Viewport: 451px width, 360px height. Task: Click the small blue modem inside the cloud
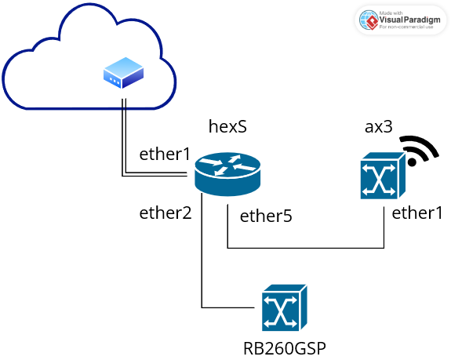[x=123, y=74]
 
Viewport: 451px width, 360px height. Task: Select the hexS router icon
[x=227, y=172]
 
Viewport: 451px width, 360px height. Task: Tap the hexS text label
[x=227, y=126]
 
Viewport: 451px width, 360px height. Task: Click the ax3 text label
[x=380, y=126]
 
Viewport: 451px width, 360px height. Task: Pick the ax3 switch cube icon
[x=383, y=176]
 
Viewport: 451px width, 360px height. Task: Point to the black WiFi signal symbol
[x=419, y=149]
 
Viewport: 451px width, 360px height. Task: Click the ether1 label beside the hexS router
[x=165, y=154]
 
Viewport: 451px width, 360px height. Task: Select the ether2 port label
[x=165, y=213]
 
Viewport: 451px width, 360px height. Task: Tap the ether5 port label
[x=266, y=216]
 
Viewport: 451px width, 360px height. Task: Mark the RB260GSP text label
[x=284, y=347]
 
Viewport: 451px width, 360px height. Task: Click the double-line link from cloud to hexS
[x=122, y=141]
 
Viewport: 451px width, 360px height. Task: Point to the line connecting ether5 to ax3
[x=306, y=249]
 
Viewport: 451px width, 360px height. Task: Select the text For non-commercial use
[x=406, y=27]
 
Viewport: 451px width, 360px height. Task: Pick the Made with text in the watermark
[x=391, y=12]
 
